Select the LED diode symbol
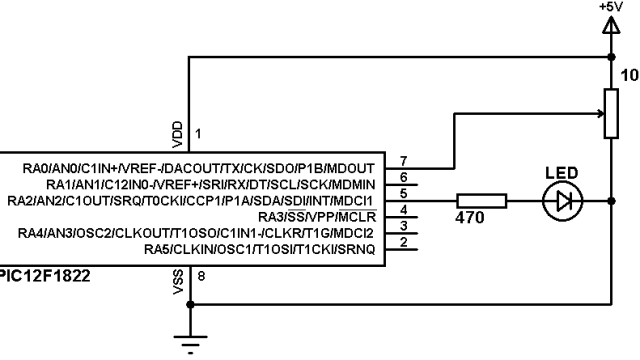tap(561, 202)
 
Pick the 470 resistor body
tap(481, 202)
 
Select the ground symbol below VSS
tap(188, 343)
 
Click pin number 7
tap(402, 160)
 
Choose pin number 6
tap(402, 176)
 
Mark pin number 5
tap(402, 192)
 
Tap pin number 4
tap(402, 209)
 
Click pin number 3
tap(402, 226)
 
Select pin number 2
tap(402, 242)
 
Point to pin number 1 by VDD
tap(198, 133)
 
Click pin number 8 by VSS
tap(198, 277)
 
